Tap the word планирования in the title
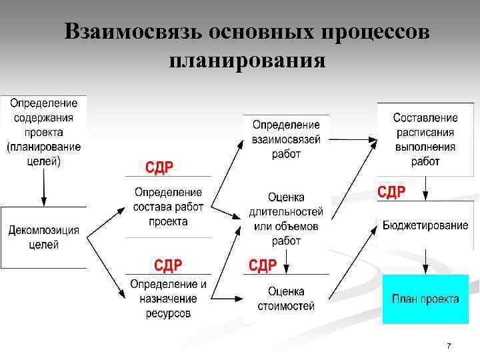coord(247,61)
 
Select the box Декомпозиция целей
coord(43,237)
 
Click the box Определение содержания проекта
coord(43,132)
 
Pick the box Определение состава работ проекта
coord(168,207)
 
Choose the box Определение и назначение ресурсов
coord(168,298)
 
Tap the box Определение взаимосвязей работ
coord(286,139)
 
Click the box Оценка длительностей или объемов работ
coord(286,219)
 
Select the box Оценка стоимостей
coord(286,299)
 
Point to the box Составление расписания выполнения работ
coord(425,139)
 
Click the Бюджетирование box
coord(425,225)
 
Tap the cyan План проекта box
coord(425,299)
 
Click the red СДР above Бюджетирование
coord(391,193)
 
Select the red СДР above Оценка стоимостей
coord(263,266)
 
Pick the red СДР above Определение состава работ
coord(159,167)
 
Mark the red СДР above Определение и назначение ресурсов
coord(168,266)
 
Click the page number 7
coord(449,346)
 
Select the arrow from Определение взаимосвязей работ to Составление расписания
coord(353,140)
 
